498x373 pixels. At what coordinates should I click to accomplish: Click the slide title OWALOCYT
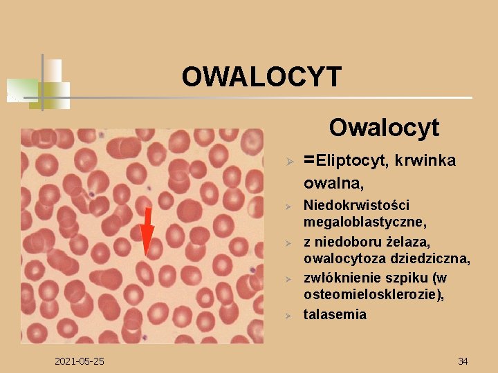coord(261,77)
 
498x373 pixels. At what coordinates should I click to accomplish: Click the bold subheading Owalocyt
coord(384,127)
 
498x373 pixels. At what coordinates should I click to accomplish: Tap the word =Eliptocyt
coord(347,161)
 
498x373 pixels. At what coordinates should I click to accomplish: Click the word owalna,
coord(334,184)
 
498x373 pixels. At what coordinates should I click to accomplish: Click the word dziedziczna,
coord(430,259)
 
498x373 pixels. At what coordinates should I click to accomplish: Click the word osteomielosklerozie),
coord(373,295)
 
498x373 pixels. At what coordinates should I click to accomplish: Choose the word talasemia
coord(335,314)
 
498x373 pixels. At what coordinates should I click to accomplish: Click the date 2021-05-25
coord(79,361)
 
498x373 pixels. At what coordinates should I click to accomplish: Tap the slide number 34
coord(463,361)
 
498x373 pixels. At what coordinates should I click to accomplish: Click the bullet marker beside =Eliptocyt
coord(292,162)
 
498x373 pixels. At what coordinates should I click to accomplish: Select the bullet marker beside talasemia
coord(292,315)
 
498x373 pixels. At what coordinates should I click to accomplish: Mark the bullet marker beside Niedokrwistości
coord(292,207)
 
